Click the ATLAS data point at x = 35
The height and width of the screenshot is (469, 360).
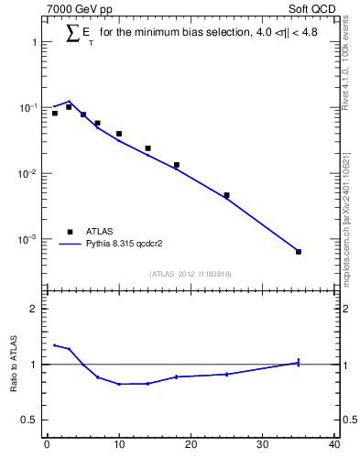coord(299,251)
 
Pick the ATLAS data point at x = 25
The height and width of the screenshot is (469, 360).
coord(226,195)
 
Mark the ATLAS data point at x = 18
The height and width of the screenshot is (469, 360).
coord(176,165)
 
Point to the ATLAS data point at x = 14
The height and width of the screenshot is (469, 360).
coord(147,147)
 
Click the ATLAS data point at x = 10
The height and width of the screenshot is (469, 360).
coord(119,134)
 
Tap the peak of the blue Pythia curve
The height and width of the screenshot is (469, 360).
coord(69,102)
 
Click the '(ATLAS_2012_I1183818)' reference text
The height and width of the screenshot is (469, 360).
coord(190,274)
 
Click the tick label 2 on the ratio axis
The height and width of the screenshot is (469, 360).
coord(32,309)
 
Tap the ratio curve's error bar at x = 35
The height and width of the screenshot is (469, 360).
coord(299,363)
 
